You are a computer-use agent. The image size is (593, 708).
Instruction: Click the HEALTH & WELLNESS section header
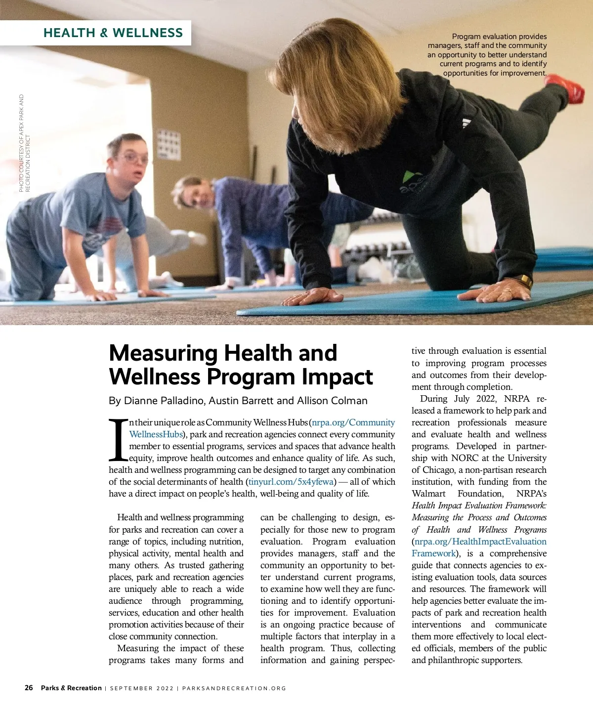[113, 33]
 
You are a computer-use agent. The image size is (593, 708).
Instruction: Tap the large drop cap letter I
[118, 440]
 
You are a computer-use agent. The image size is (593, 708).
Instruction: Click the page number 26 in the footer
[29, 688]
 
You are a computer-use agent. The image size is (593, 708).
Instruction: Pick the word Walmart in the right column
[428, 494]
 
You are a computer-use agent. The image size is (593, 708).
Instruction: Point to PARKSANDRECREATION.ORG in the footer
[234, 688]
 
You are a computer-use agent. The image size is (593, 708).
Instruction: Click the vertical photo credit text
[25, 143]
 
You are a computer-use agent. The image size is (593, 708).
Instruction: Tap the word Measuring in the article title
[163, 353]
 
